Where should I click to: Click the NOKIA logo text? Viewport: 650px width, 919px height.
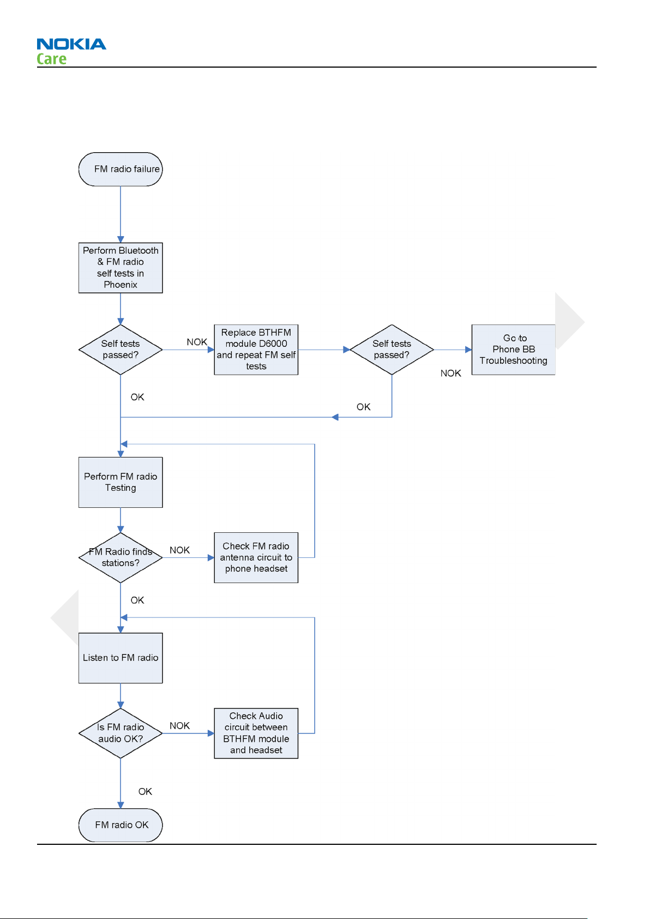(71, 44)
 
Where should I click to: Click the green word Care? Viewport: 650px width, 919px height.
(51, 59)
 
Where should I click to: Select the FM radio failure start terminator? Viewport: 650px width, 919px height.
(121, 169)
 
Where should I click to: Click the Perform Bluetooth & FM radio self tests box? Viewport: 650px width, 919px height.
(121, 267)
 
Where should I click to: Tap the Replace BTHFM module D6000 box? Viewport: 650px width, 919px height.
(256, 350)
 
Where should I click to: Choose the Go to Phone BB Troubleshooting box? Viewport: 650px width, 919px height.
(514, 350)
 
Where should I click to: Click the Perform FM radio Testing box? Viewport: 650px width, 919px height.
(121, 482)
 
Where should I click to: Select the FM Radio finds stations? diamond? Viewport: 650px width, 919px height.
(121, 557)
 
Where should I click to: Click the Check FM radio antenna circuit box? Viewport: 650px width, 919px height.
(256, 557)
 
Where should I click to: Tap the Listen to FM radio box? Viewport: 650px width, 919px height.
(121, 658)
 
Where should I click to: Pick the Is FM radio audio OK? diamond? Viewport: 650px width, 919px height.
(121, 733)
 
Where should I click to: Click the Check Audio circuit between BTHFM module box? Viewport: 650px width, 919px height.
(256, 733)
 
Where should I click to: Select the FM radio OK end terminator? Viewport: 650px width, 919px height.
(121, 825)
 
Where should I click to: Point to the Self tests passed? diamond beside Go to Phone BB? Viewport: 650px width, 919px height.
(392, 350)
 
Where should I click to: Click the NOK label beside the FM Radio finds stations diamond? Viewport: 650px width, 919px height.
(179, 550)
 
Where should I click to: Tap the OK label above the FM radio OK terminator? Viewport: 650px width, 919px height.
(145, 791)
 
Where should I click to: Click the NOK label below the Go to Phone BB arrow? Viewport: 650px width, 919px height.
(451, 374)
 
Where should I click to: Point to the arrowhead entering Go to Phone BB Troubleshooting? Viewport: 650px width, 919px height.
(468, 350)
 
